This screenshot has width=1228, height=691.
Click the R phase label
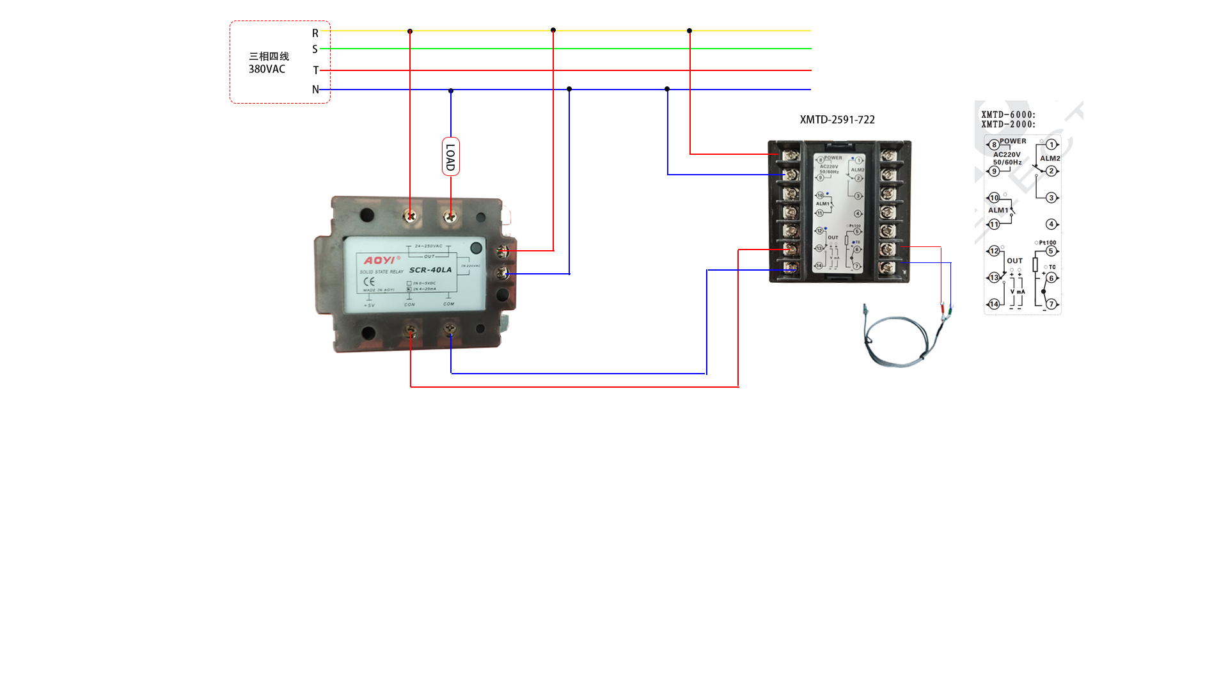315,33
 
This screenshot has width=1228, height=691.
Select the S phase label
315,49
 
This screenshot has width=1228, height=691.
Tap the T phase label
315,70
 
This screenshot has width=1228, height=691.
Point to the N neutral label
315,90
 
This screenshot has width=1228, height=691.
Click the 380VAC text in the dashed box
267,69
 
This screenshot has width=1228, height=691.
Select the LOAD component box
450,157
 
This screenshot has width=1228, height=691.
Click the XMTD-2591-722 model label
837,120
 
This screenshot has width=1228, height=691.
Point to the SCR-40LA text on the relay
430,270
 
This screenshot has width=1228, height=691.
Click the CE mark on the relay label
369,282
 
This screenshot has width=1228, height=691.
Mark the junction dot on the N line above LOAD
451,91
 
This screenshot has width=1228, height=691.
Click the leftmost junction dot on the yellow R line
410,31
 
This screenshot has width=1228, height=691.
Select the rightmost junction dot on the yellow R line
689,31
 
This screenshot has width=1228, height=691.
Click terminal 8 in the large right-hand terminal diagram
994,145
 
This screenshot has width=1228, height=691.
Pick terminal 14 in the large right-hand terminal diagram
994,304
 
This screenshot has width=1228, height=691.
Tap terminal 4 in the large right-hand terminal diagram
1051,224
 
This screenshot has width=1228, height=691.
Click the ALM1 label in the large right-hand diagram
998,210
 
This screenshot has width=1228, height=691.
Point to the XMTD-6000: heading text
1008,115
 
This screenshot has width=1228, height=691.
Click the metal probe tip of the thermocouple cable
865,310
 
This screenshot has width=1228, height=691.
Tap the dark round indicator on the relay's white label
476,248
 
